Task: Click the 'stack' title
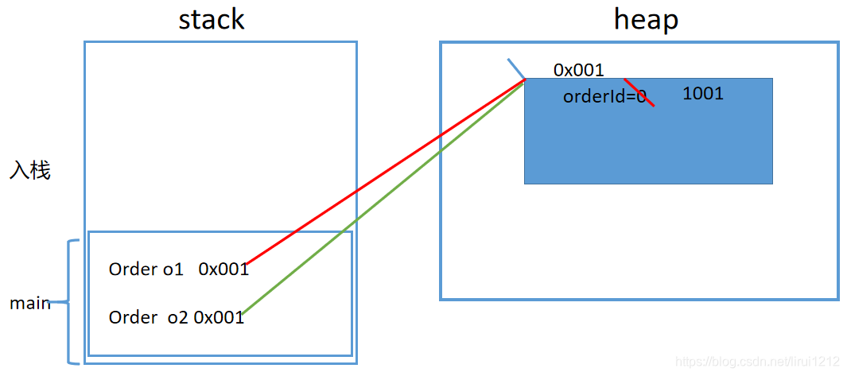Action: (211, 19)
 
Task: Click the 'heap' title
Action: (646, 19)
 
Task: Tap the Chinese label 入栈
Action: (30, 170)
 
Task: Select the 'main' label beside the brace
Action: (29, 303)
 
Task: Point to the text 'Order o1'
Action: (146, 269)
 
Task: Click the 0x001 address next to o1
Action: (223, 269)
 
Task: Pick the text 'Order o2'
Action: (148, 317)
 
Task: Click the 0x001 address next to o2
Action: (219, 317)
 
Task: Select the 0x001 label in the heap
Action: (578, 70)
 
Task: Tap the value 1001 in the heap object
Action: (703, 94)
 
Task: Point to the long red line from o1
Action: (382, 173)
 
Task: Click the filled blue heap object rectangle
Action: (648, 147)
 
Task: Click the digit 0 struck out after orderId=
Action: (641, 97)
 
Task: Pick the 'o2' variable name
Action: (177, 317)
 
